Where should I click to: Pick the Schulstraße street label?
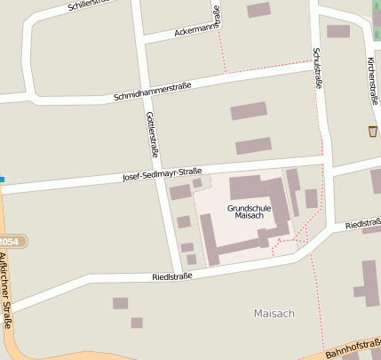(316, 68)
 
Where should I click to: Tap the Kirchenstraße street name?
(372, 80)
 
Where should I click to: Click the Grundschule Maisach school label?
(249, 212)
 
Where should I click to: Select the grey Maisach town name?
(274, 314)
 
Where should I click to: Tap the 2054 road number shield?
(9, 242)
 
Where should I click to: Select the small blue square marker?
(2, 180)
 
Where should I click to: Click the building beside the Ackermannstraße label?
(258, 10)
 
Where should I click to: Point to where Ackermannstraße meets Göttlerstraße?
(142, 39)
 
